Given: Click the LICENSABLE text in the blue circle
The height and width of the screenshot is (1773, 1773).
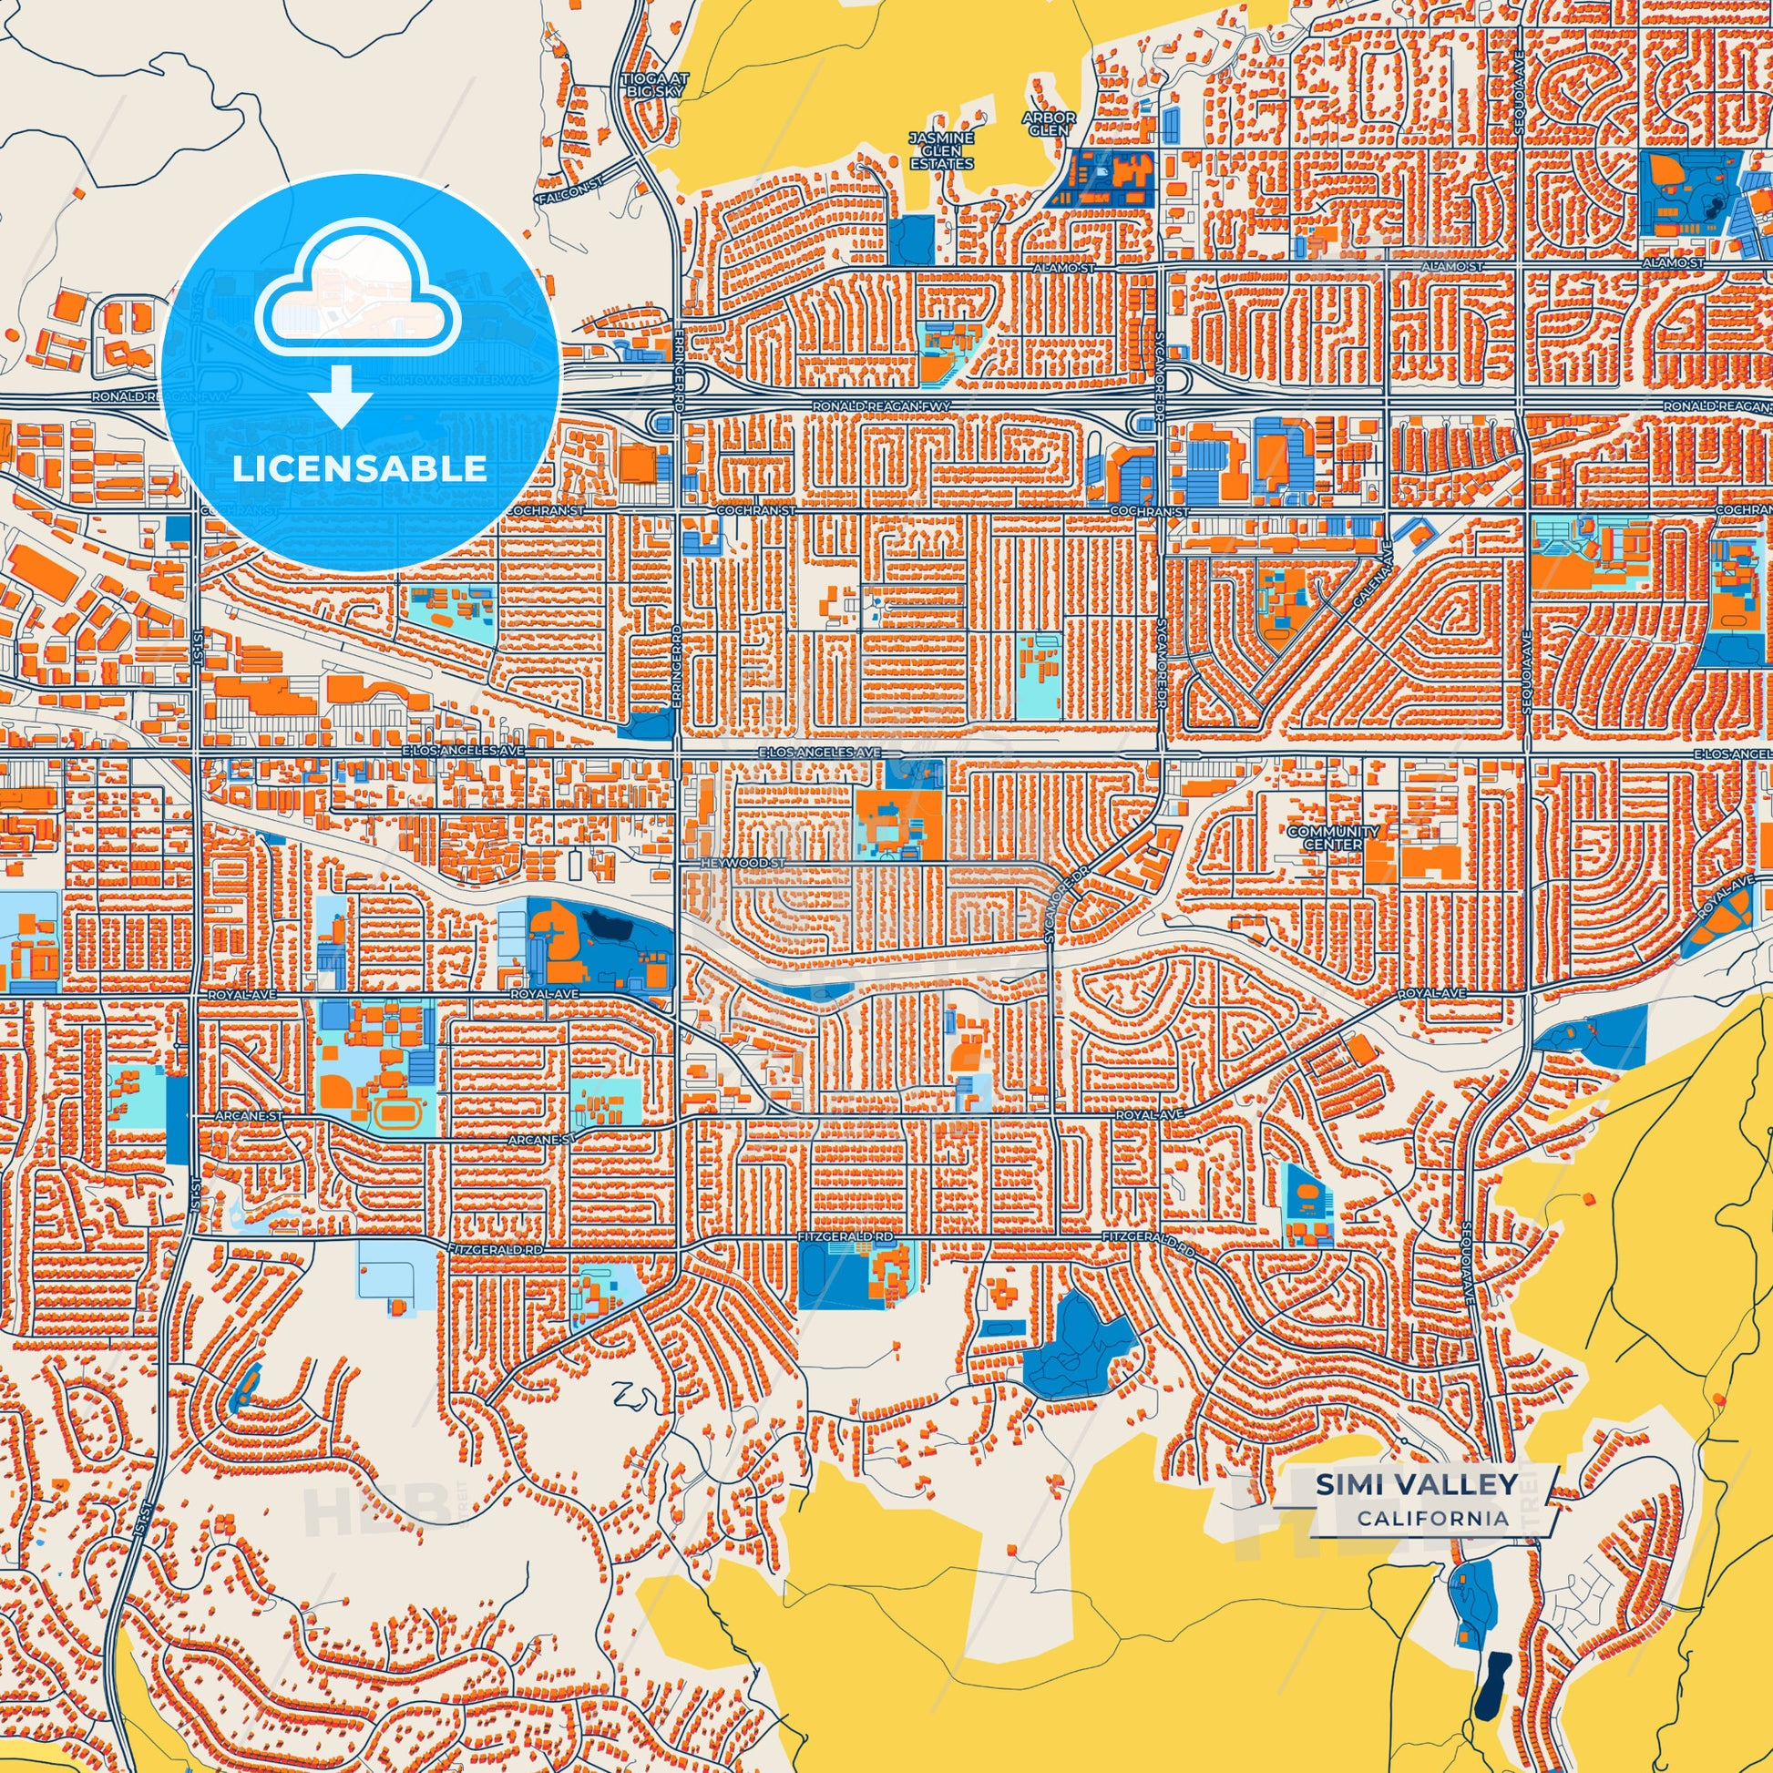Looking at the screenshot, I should tap(359, 469).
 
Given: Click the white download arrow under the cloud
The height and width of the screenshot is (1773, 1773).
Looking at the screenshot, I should tap(341, 395).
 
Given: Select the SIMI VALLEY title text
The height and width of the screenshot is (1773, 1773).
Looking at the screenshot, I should tap(1416, 1484).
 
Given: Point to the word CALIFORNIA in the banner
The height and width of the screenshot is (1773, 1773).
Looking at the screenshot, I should tap(1433, 1519).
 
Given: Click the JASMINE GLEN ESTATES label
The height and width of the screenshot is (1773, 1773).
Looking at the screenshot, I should tap(940, 150).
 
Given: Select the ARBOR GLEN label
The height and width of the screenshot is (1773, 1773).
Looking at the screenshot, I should tap(1049, 124).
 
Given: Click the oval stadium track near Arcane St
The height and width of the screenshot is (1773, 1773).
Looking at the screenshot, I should tap(397, 1114).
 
